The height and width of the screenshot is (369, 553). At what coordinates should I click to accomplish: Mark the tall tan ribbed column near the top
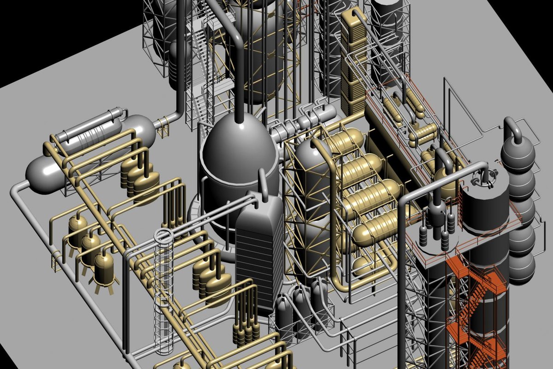[x=354, y=60]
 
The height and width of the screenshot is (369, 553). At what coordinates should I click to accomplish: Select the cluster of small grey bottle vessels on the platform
[x=435, y=221]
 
